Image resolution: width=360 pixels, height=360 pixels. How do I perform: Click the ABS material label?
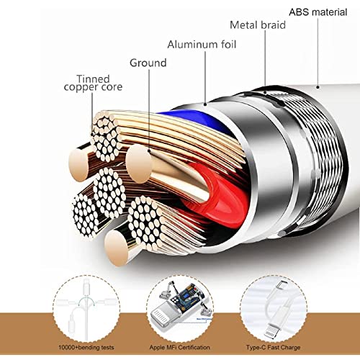tap(318, 12)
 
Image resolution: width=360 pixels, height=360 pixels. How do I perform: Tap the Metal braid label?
tap(258, 25)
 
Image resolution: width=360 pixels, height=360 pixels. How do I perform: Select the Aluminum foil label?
tap(202, 45)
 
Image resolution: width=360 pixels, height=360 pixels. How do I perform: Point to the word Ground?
tap(148, 63)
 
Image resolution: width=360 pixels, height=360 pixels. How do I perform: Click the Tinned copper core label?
tap(93, 83)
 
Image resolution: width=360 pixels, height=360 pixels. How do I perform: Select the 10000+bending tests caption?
tap(86, 347)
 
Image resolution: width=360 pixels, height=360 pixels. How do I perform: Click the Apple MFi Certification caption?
tap(179, 347)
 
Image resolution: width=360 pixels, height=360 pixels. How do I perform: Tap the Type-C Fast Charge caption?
tap(273, 347)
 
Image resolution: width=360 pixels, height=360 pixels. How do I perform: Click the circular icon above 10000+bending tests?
tap(86, 309)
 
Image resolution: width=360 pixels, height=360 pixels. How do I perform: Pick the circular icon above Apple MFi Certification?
tap(179, 309)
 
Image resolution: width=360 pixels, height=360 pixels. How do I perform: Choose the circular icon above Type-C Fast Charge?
tap(274, 309)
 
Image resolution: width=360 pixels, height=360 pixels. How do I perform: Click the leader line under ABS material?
tap(318, 52)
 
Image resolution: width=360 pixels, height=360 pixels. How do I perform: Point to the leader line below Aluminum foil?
tap(205, 78)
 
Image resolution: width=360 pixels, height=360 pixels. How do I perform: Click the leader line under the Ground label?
tap(149, 110)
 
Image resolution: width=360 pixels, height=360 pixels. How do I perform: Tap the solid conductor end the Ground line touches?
tap(139, 164)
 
